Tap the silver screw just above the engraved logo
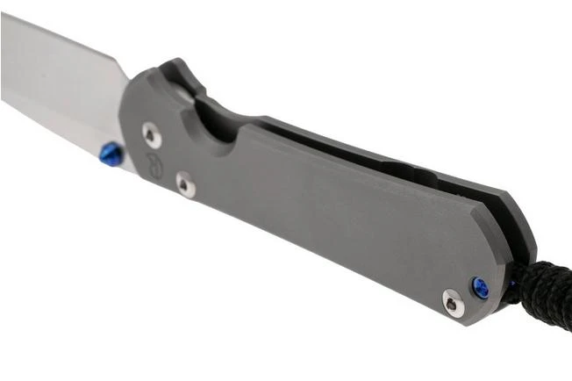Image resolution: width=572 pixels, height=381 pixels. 152,134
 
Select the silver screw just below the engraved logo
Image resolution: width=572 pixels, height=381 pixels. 185,184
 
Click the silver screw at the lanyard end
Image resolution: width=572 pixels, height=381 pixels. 451,303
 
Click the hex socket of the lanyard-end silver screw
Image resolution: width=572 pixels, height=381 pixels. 451,303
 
